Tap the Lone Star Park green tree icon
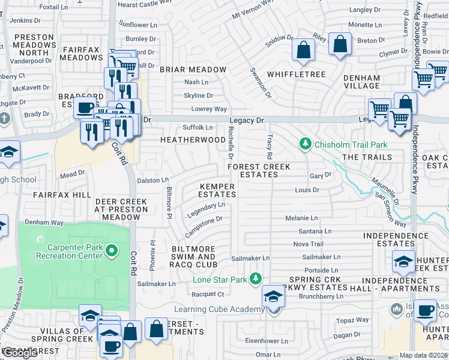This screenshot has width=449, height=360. coord(256,279)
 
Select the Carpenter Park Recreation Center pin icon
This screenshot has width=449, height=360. coord(111,250)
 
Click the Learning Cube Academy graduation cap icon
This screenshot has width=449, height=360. coord(273,297)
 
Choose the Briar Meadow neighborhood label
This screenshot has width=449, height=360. coord(193,70)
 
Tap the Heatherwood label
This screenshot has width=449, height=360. coord(193,139)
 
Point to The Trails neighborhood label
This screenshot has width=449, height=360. coord(367,157)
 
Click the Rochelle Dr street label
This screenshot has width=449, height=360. coord(231,142)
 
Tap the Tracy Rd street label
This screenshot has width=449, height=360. coord(270,142)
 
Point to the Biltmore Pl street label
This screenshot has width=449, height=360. coord(169,198)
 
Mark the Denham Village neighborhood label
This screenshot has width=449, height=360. coord(361,82)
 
